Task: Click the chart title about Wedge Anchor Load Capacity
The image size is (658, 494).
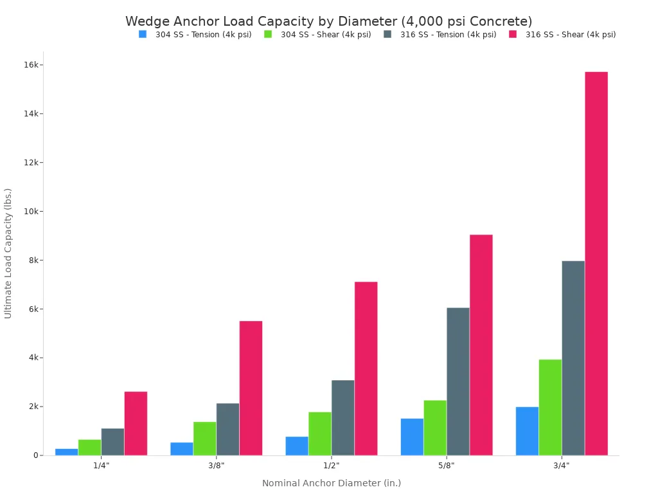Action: [x=328, y=21]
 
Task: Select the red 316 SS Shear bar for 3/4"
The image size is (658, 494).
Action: [x=596, y=264]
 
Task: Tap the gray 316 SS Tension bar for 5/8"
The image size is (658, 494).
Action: [x=458, y=381]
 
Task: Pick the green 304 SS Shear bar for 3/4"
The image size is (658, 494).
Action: [x=550, y=407]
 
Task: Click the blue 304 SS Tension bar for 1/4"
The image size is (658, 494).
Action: [x=66, y=452]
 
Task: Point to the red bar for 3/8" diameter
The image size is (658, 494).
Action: [x=251, y=388]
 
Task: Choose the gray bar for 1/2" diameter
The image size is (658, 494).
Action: [x=342, y=417]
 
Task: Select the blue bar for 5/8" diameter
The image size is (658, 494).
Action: [x=412, y=437]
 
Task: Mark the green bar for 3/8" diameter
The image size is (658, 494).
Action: [x=204, y=439]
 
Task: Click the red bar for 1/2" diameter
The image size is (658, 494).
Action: [x=366, y=369]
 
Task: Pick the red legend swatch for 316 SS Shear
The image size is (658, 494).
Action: [x=513, y=35]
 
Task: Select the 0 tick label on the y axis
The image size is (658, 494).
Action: [x=35, y=455]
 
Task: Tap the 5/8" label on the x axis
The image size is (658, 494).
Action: [x=447, y=465]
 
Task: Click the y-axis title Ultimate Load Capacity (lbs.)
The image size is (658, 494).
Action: [x=8, y=253]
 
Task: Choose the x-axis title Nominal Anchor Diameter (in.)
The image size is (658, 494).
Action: [x=331, y=483]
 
